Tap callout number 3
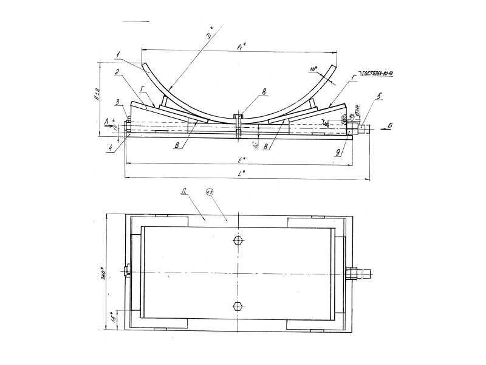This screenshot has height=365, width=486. pyautogui.click(x=119, y=102)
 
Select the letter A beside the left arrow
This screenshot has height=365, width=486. pyautogui.click(x=106, y=122)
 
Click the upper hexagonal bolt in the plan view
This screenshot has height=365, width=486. pyautogui.click(x=238, y=240)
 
